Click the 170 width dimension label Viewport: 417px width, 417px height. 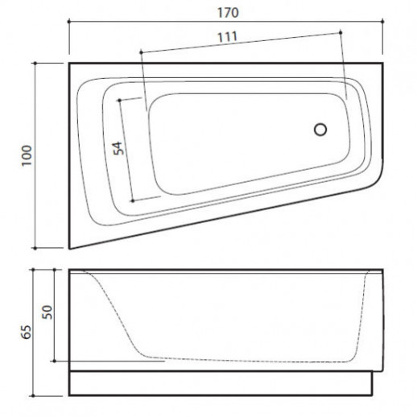228,13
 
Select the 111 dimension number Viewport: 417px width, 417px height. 228,37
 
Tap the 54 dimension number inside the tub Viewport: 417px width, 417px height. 118,148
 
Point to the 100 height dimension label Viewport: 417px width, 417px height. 27,156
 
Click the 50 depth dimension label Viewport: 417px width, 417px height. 47,312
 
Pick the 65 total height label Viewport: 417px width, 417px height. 27,332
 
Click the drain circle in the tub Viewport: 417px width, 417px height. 320,130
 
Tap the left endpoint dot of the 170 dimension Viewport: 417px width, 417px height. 69,21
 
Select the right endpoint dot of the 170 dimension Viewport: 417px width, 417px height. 382,22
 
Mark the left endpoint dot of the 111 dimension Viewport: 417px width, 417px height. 141,52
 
